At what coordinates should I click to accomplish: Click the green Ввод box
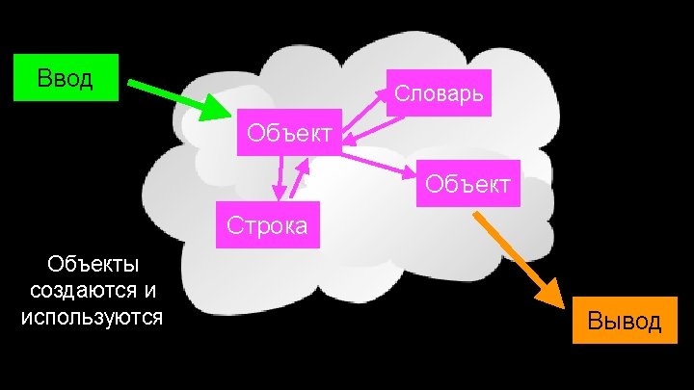tap(65, 78)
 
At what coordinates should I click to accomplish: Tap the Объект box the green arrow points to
tap(287, 131)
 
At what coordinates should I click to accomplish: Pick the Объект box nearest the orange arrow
tap(468, 182)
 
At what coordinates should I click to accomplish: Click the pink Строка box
tap(267, 225)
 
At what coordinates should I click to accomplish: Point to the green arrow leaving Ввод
tap(173, 97)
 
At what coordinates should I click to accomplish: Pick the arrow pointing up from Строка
tap(302, 178)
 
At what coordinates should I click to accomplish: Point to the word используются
tap(92, 316)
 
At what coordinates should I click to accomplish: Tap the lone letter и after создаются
tap(150, 290)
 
